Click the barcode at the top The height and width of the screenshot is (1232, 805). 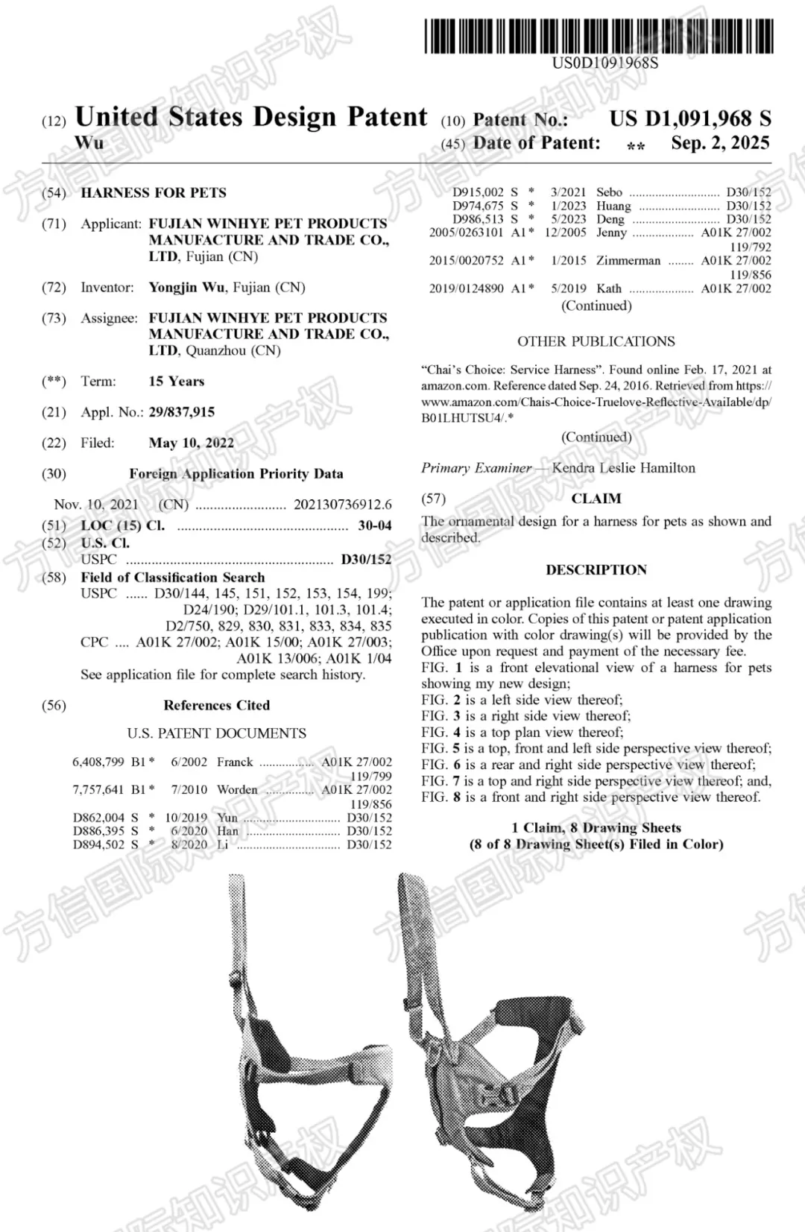(x=600, y=36)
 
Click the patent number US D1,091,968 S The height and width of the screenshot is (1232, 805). (x=689, y=119)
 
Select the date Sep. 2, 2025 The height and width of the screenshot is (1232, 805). (x=720, y=143)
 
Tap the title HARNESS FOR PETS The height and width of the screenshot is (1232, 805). (x=154, y=193)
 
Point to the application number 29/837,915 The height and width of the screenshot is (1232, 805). (x=181, y=412)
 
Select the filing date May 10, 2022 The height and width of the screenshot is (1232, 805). (x=191, y=443)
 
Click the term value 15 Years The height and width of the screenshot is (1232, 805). (x=176, y=382)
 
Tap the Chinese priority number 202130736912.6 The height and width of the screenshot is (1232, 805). (x=342, y=505)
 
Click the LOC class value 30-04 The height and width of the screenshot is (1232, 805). (x=374, y=525)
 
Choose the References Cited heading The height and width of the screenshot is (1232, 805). (x=216, y=705)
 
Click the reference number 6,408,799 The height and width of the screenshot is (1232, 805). (x=98, y=762)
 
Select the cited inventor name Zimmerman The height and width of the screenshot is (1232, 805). (x=628, y=261)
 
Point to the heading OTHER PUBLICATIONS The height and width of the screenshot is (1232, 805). (x=596, y=341)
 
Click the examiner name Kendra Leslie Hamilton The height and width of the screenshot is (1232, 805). (x=623, y=468)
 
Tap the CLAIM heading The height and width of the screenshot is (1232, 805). (x=596, y=499)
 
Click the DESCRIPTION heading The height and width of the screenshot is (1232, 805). (x=596, y=570)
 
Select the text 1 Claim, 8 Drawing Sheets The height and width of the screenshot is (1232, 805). (x=596, y=828)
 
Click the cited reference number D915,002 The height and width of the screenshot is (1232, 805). (x=478, y=192)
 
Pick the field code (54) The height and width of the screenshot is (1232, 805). (x=54, y=193)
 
